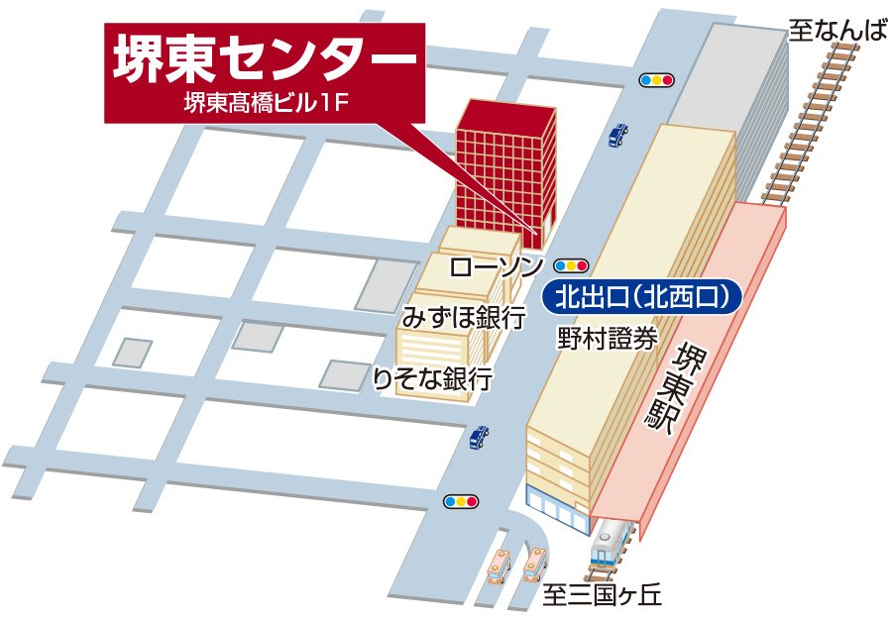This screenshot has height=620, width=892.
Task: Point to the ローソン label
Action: [x=496, y=265]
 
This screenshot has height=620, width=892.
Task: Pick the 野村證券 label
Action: [x=607, y=339]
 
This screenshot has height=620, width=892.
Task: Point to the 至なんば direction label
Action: [x=836, y=30]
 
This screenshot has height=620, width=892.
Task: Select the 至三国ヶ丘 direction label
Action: [x=602, y=596]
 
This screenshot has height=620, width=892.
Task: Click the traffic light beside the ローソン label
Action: [x=572, y=265]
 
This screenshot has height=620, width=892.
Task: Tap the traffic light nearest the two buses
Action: [x=461, y=501]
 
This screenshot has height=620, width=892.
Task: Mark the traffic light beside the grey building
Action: [x=656, y=79]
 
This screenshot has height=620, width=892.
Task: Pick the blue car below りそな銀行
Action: [x=479, y=436]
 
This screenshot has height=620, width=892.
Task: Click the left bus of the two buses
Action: [x=501, y=568]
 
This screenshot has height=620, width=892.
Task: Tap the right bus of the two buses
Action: [x=535, y=565]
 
